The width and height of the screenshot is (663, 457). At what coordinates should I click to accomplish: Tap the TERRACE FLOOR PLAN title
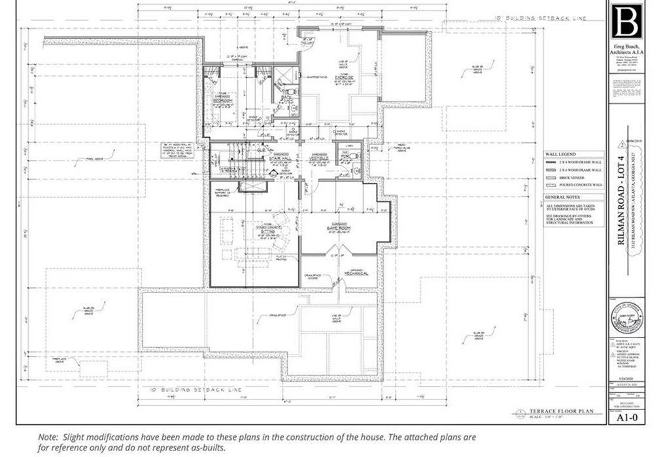click(x=561, y=411)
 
